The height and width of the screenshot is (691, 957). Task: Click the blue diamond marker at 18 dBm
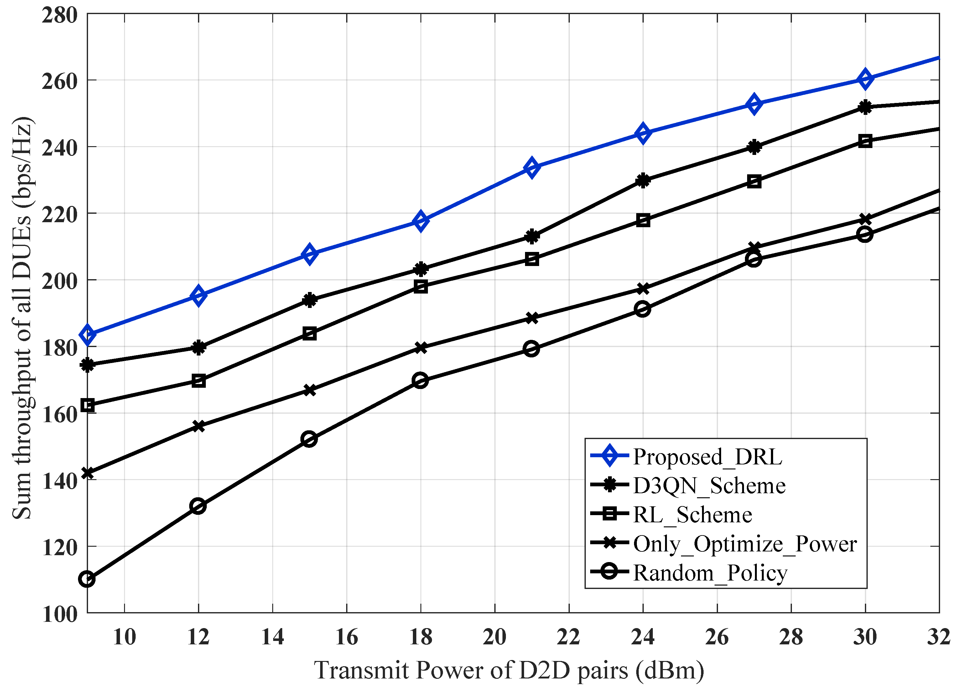[x=421, y=221]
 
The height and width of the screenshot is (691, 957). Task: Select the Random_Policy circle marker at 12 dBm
[x=198, y=506]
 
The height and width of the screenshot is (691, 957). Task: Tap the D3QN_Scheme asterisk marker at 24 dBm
[x=642, y=181]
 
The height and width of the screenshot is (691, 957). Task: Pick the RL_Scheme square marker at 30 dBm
[x=865, y=141]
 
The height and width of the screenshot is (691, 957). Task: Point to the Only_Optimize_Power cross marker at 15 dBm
[x=309, y=390]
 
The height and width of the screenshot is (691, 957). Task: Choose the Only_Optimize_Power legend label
[x=745, y=544]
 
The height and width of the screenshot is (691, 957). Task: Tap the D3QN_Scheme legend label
[x=709, y=486]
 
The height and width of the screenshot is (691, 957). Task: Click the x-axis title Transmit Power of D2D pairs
[x=509, y=670]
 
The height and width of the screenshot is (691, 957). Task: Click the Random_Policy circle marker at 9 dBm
[x=87, y=579]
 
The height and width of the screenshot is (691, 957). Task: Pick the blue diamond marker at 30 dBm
[x=865, y=79]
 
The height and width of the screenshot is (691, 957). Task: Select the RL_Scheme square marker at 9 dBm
[x=87, y=406]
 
